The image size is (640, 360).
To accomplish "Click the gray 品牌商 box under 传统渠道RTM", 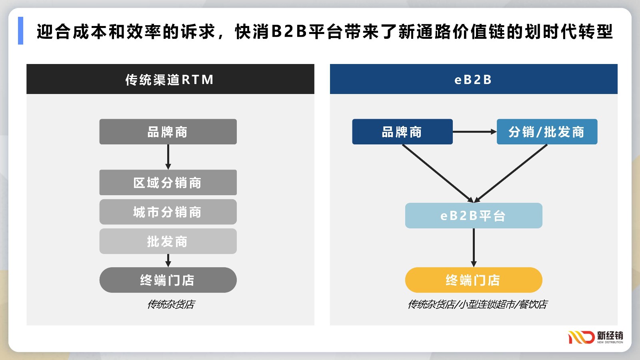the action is tap(168, 132).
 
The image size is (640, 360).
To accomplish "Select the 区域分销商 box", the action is tap(168, 182).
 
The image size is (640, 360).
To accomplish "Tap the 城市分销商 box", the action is tap(168, 212).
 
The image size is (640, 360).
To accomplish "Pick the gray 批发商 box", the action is tap(168, 241).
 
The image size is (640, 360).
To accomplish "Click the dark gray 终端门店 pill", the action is tap(168, 280).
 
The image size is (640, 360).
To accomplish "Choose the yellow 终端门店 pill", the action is tap(474, 280).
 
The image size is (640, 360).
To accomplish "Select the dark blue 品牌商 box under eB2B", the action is tap(402, 132).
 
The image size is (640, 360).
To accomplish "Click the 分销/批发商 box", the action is tap(547, 132).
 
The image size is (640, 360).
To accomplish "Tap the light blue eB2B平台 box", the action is tap(474, 216).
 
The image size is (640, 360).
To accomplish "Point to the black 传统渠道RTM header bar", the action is tap(170, 79).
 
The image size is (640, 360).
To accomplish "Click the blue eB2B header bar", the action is tap(474, 79).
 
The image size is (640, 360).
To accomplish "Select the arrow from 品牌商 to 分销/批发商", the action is tap(475, 132).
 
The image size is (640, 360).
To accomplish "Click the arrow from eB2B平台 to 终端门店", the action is tap(474, 248).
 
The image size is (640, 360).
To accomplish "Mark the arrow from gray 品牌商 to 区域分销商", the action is tap(168, 157).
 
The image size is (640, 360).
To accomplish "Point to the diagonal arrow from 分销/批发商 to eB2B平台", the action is tap(510, 174).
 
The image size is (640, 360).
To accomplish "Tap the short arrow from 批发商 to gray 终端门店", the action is tap(168, 260).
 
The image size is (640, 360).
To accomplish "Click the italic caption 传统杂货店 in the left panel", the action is tap(171, 304).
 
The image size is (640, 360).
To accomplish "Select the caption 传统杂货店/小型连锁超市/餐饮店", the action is tap(478, 304).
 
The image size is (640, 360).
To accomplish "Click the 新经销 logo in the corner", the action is tap(596, 338).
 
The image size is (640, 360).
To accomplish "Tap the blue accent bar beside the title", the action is tap(20, 30).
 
